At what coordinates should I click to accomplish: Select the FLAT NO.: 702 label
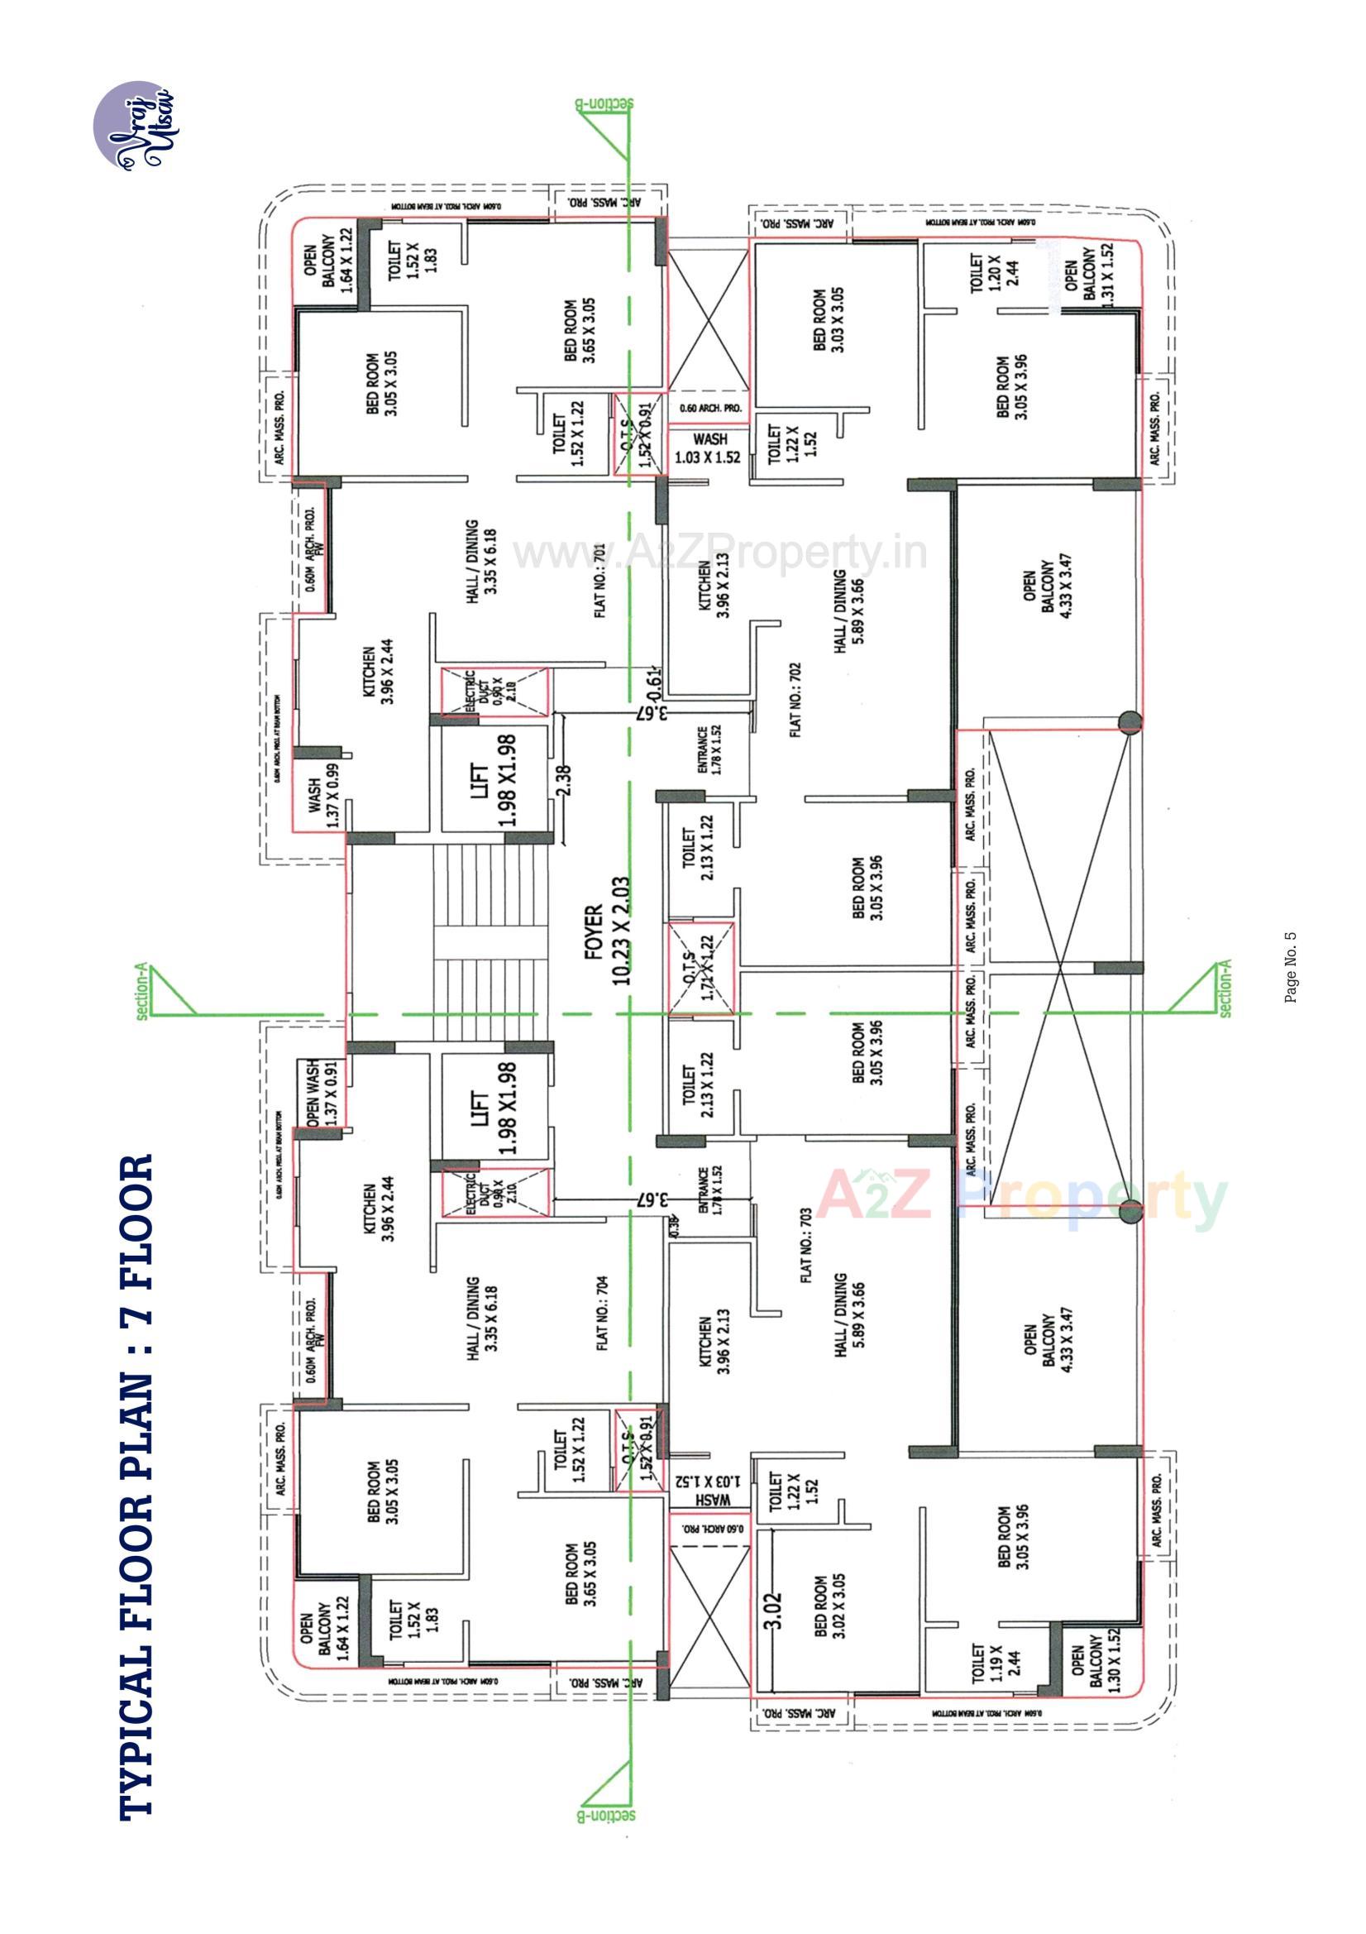tap(795, 700)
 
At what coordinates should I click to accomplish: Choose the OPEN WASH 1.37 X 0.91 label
tap(321, 1092)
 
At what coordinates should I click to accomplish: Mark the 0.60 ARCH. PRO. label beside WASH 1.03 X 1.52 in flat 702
tap(710, 408)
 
